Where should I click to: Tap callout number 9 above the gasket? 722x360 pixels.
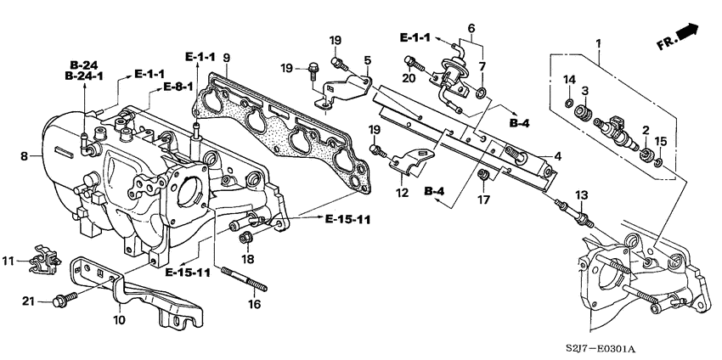point(226,59)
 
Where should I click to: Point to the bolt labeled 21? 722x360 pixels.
point(63,300)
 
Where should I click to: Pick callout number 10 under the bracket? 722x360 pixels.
point(118,320)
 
